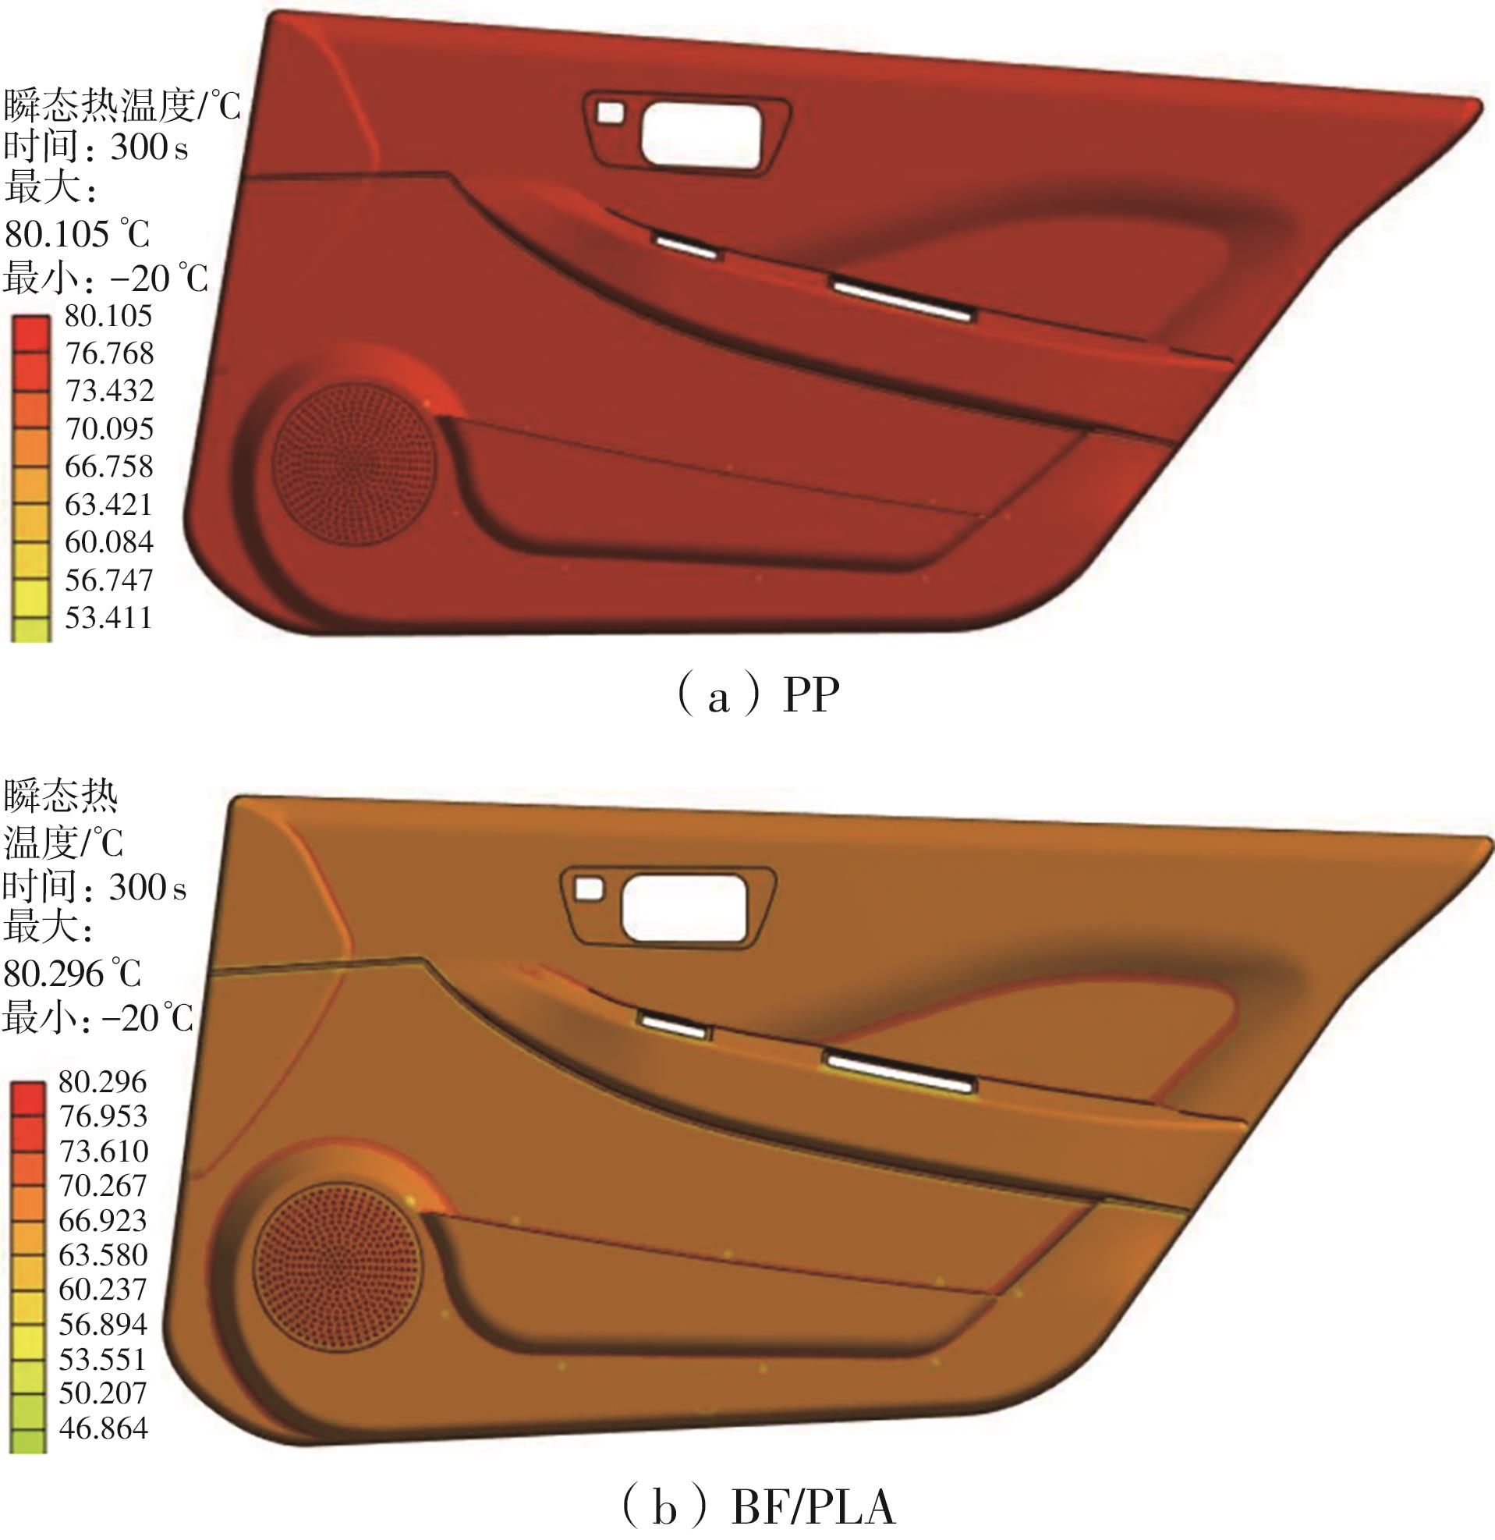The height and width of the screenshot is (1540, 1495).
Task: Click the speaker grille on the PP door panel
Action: (353, 464)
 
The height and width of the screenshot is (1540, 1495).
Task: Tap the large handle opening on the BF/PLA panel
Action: (684, 907)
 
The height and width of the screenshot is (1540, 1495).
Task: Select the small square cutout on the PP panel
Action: (611, 112)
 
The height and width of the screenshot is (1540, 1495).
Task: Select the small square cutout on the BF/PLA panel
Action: (590, 889)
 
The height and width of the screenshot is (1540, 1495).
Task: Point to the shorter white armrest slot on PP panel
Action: (687, 246)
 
